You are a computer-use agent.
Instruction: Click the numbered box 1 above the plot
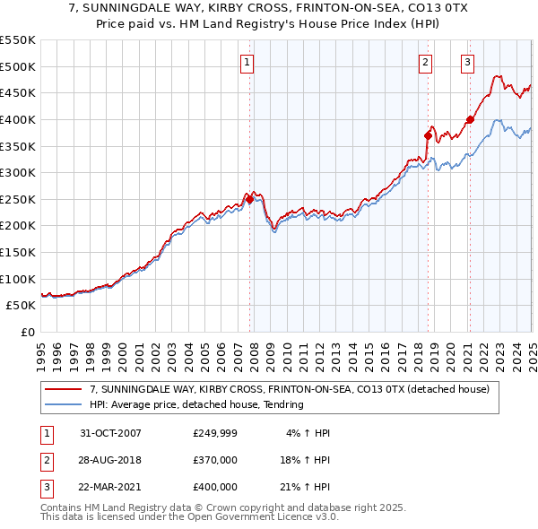click(x=247, y=62)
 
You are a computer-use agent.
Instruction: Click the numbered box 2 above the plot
click(x=425, y=62)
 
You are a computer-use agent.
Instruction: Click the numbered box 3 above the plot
click(x=467, y=62)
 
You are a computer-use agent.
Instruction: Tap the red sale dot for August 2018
click(x=428, y=135)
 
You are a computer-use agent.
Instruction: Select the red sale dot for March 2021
click(x=470, y=119)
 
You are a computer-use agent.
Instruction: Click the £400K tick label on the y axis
click(x=17, y=119)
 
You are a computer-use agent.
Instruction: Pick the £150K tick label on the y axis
click(x=17, y=252)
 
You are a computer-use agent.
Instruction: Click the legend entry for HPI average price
click(x=196, y=404)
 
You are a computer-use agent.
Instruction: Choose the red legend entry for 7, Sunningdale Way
click(x=289, y=389)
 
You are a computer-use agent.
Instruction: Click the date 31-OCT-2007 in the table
click(x=111, y=433)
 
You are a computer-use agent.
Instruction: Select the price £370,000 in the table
click(x=215, y=460)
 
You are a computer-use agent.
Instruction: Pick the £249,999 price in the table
click(x=215, y=433)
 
